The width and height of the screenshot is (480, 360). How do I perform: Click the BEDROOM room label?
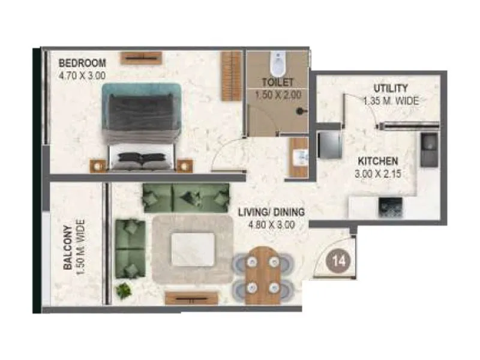coord(82,63)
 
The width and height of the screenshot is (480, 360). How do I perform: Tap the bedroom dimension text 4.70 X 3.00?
coord(82,76)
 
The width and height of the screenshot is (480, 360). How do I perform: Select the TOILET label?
coord(277,83)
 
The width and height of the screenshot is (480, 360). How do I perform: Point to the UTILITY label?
coord(391,89)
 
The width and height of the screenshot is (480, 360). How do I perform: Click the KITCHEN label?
coord(378,161)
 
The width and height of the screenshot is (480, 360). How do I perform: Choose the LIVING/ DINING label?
coord(271,212)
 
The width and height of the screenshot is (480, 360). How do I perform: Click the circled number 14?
coord(337,261)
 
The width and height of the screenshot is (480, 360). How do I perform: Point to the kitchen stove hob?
coord(386,208)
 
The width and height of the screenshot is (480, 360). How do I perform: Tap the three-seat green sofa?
coord(185,197)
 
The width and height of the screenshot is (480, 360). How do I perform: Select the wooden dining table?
coord(263,275)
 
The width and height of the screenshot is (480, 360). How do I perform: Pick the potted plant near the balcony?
coord(125,290)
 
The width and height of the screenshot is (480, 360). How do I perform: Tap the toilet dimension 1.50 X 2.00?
coord(277,94)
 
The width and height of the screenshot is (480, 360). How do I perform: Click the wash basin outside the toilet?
coord(298,157)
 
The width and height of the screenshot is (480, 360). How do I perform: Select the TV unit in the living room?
coord(191,298)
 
